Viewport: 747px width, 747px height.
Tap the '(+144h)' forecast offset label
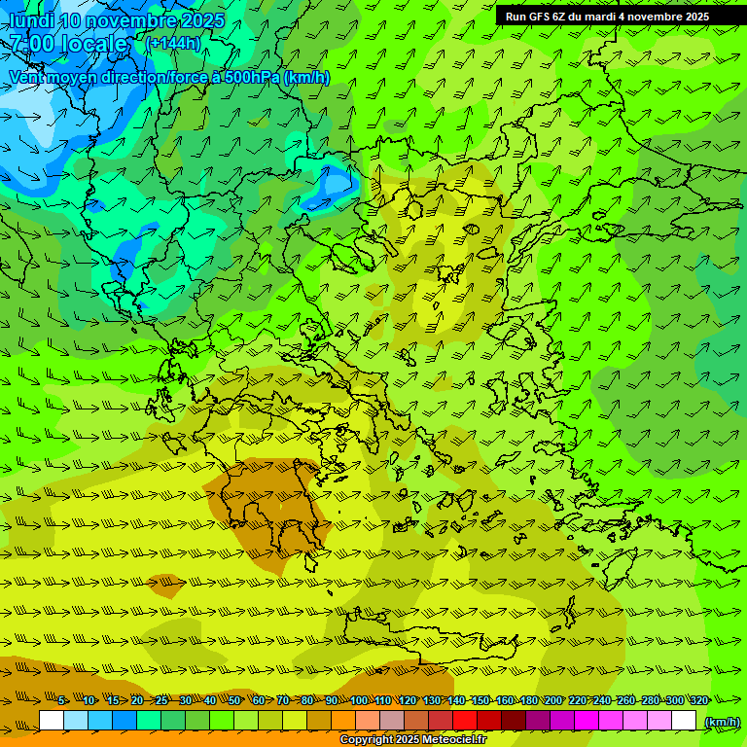coord(173,43)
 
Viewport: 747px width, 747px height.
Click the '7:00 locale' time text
coord(68,44)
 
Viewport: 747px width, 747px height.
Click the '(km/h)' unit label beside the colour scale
coord(722,722)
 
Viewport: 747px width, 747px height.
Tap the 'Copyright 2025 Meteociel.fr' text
coord(412,740)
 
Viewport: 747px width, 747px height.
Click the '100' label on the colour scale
coord(359,700)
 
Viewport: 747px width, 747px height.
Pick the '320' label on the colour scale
coord(699,700)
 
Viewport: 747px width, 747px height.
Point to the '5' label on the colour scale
coord(62,700)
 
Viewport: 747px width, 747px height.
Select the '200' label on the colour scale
coord(552,700)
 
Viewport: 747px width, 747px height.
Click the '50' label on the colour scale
coord(234,700)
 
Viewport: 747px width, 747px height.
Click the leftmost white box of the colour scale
coord(52,721)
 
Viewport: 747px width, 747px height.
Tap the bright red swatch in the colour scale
coord(465,721)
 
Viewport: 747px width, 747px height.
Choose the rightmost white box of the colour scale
coord(684,721)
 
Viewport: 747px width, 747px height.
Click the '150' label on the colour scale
coord(480,700)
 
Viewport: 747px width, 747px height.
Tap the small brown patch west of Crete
coord(166,585)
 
